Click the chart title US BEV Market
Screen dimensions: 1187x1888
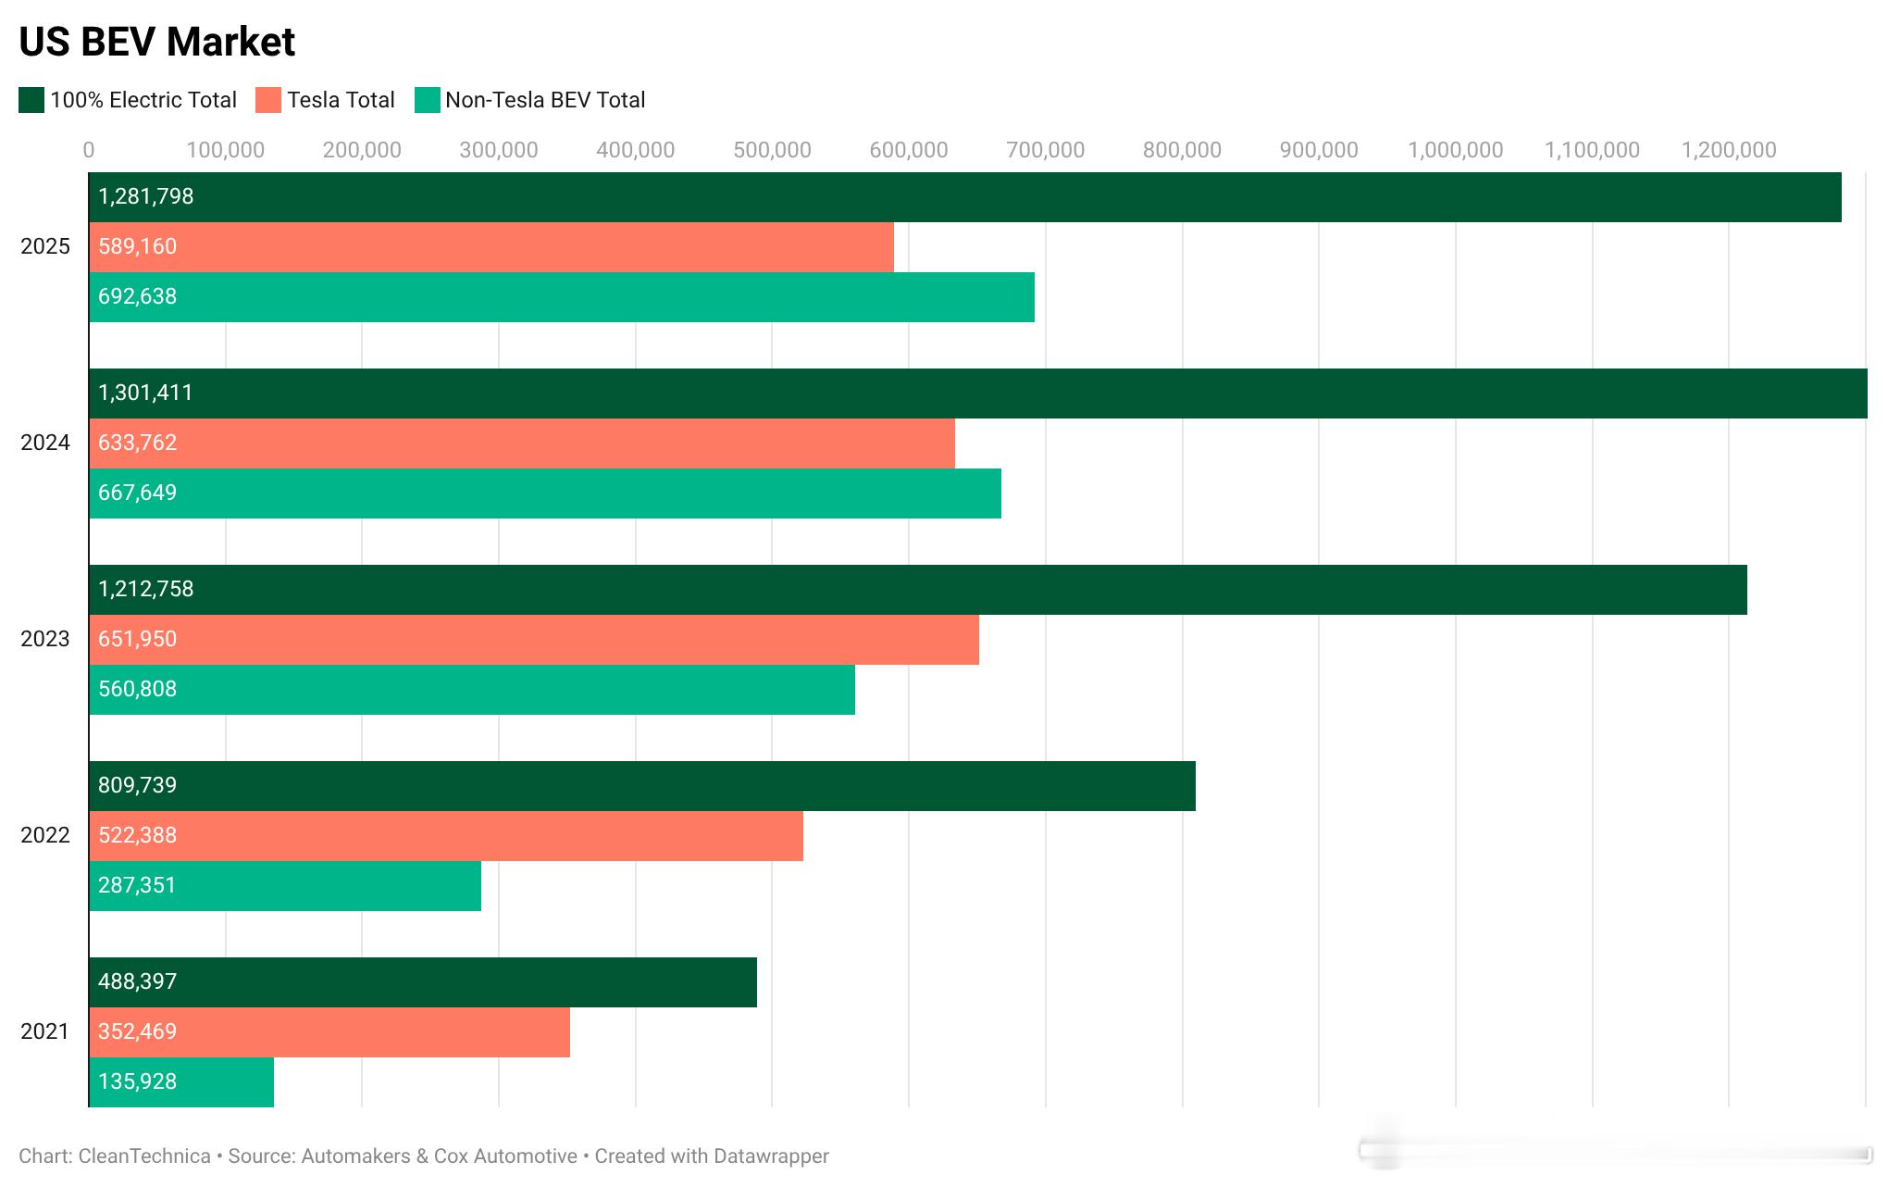pyautogui.click(x=156, y=42)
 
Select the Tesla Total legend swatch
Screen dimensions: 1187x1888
pyautogui.click(x=267, y=100)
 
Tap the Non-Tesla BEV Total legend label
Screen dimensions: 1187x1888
pyautogui.click(x=544, y=100)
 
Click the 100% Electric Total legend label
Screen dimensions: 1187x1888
pyautogui.click(x=143, y=100)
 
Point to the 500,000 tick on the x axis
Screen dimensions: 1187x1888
pyautogui.click(x=772, y=150)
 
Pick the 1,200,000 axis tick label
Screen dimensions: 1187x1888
pyautogui.click(x=1728, y=150)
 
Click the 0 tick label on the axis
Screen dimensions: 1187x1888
pyautogui.click(x=89, y=150)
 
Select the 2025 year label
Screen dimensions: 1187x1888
pyautogui.click(x=45, y=246)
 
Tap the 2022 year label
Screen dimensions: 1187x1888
pyautogui.click(x=45, y=835)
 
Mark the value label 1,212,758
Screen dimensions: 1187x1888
pyautogui.click(x=146, y=589)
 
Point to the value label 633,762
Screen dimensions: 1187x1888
pyautogui.click(x=137, y=443)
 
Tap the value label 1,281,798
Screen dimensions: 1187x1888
pyautogui.click(x=146, y=196)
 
